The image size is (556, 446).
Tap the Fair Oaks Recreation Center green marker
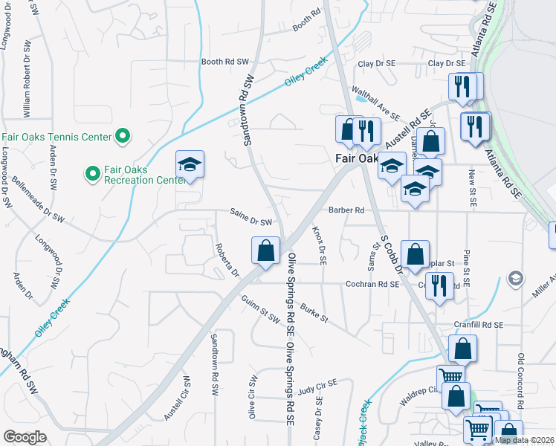[x=93, y=174]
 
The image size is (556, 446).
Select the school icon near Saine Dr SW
[x=190, y=166]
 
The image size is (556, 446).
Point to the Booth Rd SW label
[x=225, y=62]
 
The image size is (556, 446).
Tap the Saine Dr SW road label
[x=251, y=221]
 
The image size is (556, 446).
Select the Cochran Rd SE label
[x=372, y=284]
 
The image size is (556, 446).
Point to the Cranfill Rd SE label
[x=478, y=325]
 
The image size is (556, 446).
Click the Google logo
[x=25, y=436]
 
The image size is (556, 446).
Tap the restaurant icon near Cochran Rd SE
[x=439, y=285]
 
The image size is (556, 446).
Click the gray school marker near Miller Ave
[x=514, y=278]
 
